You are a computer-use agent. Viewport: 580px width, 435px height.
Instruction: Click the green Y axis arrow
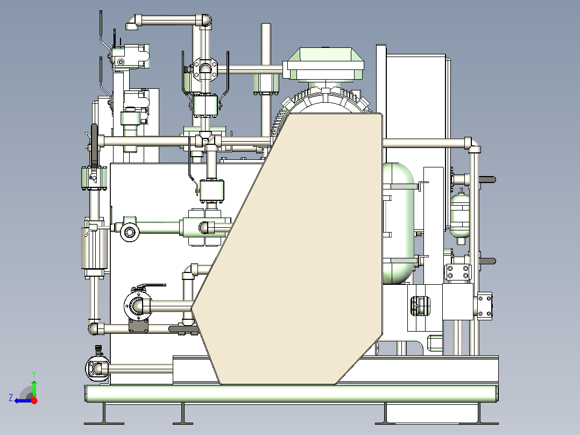tap(34, 387)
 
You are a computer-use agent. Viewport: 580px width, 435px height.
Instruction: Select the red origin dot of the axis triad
tap(34, 401)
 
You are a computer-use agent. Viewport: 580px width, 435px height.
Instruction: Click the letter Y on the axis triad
tap(34, 374)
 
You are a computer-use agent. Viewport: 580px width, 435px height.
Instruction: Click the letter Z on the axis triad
tap(11, 398)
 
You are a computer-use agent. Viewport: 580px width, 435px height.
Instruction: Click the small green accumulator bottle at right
tap(460, 216)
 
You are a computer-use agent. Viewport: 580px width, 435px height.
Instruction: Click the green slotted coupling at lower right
tap(420, 306)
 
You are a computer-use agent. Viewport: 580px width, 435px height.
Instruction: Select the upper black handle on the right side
tap(487, 180)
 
